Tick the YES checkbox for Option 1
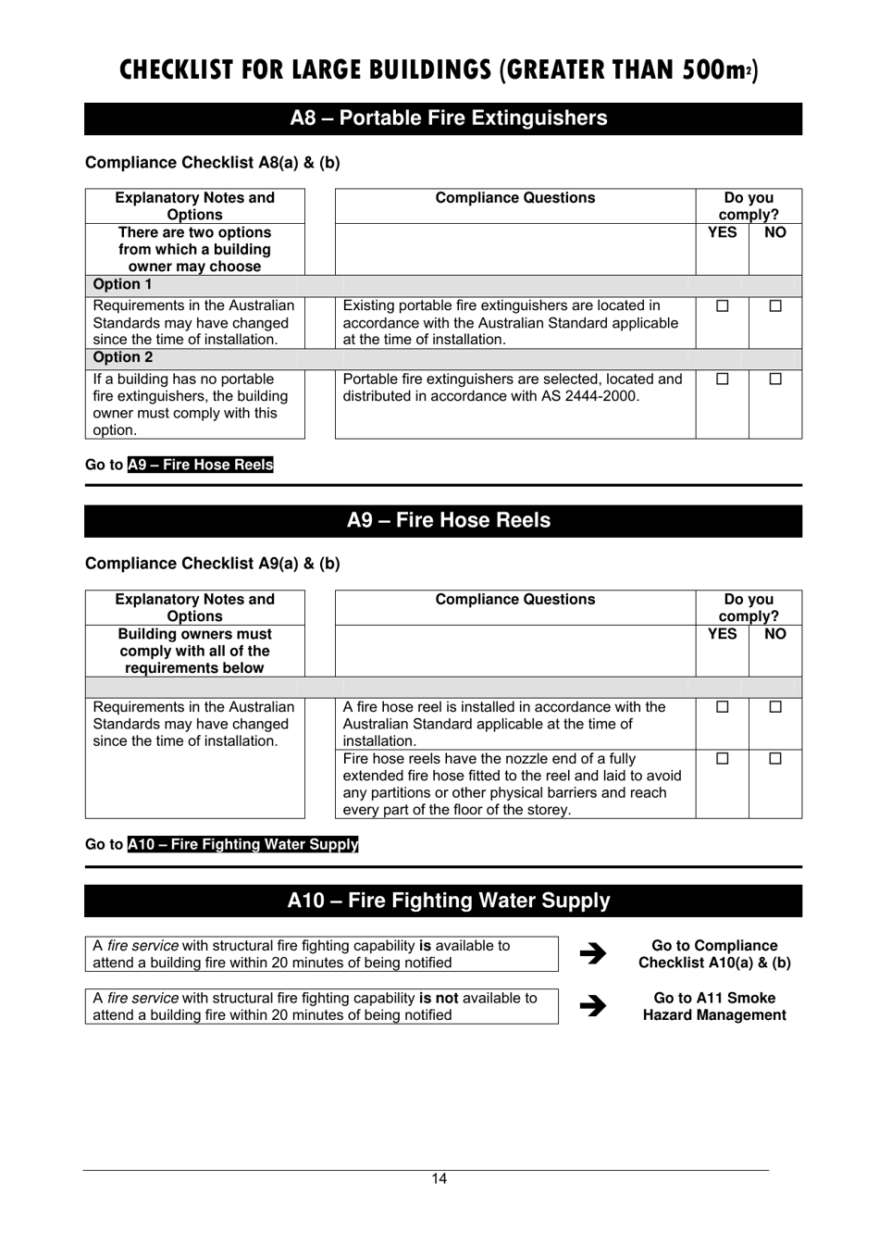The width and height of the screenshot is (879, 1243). tap(723, 306)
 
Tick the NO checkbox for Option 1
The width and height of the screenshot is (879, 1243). tap(775, 306)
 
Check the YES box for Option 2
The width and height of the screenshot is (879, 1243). tap(723, 379)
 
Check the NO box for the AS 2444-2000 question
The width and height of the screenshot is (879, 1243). tap(775, 379)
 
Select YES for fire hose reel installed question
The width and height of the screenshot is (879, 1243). tap(723, 707)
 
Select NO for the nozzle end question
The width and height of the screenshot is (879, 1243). tap(775, 759)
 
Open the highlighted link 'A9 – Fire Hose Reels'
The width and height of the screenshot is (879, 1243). tap(201, 465)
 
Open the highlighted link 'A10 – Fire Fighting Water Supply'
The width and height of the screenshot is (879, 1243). tap(242, 844)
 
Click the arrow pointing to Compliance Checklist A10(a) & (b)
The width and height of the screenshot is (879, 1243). tap(592, 953)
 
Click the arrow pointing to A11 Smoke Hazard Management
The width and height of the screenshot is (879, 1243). tap(592, 1006)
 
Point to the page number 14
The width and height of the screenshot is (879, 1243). tap(439, 1178)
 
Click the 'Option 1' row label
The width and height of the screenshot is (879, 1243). tap(122, 285)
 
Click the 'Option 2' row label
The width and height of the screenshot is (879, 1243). tap(122, 358)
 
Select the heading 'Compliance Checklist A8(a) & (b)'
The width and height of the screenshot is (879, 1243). tap(213, 163)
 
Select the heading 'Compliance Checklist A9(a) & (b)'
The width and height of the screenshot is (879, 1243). tap(213, 564)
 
